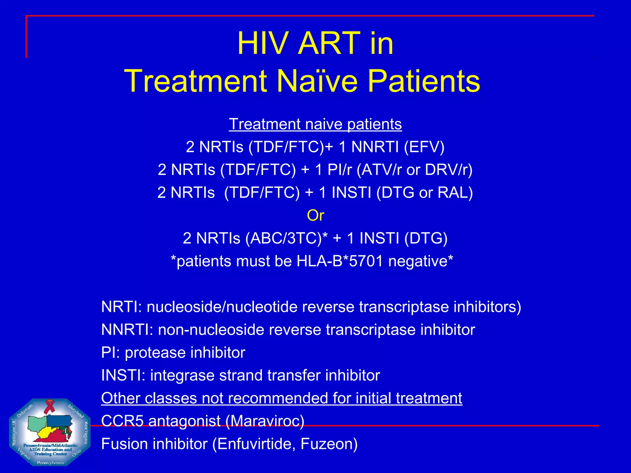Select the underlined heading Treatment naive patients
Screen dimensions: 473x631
[x=315, y=124]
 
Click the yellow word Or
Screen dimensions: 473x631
[x=315, y=215]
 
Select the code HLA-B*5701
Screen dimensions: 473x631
[x=340, y=261]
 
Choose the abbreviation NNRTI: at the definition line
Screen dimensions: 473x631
[x=127, y=329]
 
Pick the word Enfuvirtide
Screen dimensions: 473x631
[x=255, y=444]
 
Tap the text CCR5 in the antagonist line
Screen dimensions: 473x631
[x=122, y=421]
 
